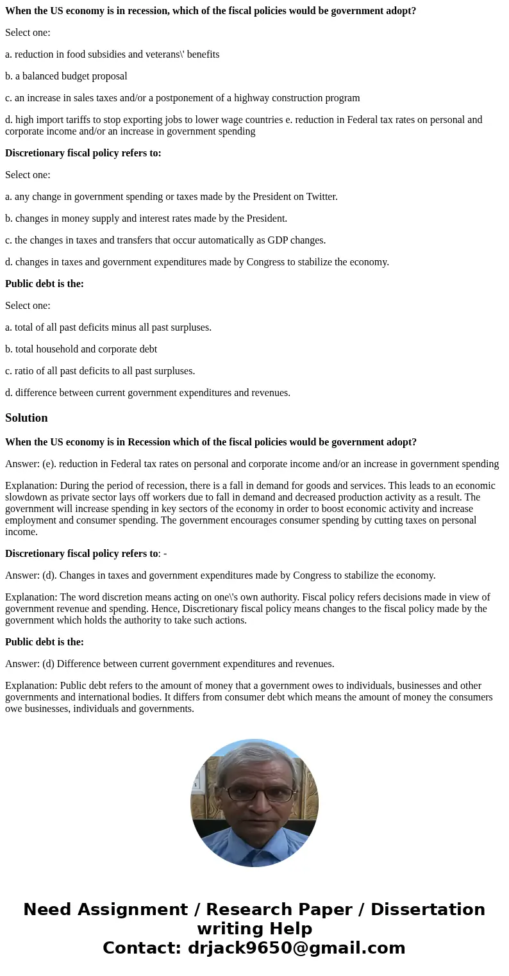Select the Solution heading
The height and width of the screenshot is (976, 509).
(26, 418)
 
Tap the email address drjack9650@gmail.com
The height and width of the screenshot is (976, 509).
(296, 948)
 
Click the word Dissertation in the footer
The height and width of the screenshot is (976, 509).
(428, 909)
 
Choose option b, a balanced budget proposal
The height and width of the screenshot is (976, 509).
(66, 76)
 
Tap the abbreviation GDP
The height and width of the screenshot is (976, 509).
(279, 240)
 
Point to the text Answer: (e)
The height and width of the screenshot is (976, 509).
(28, 464)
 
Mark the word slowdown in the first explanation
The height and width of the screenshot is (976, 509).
(26, 497)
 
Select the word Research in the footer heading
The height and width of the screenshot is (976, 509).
(246, 909)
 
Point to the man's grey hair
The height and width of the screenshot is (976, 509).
(254, 760)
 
